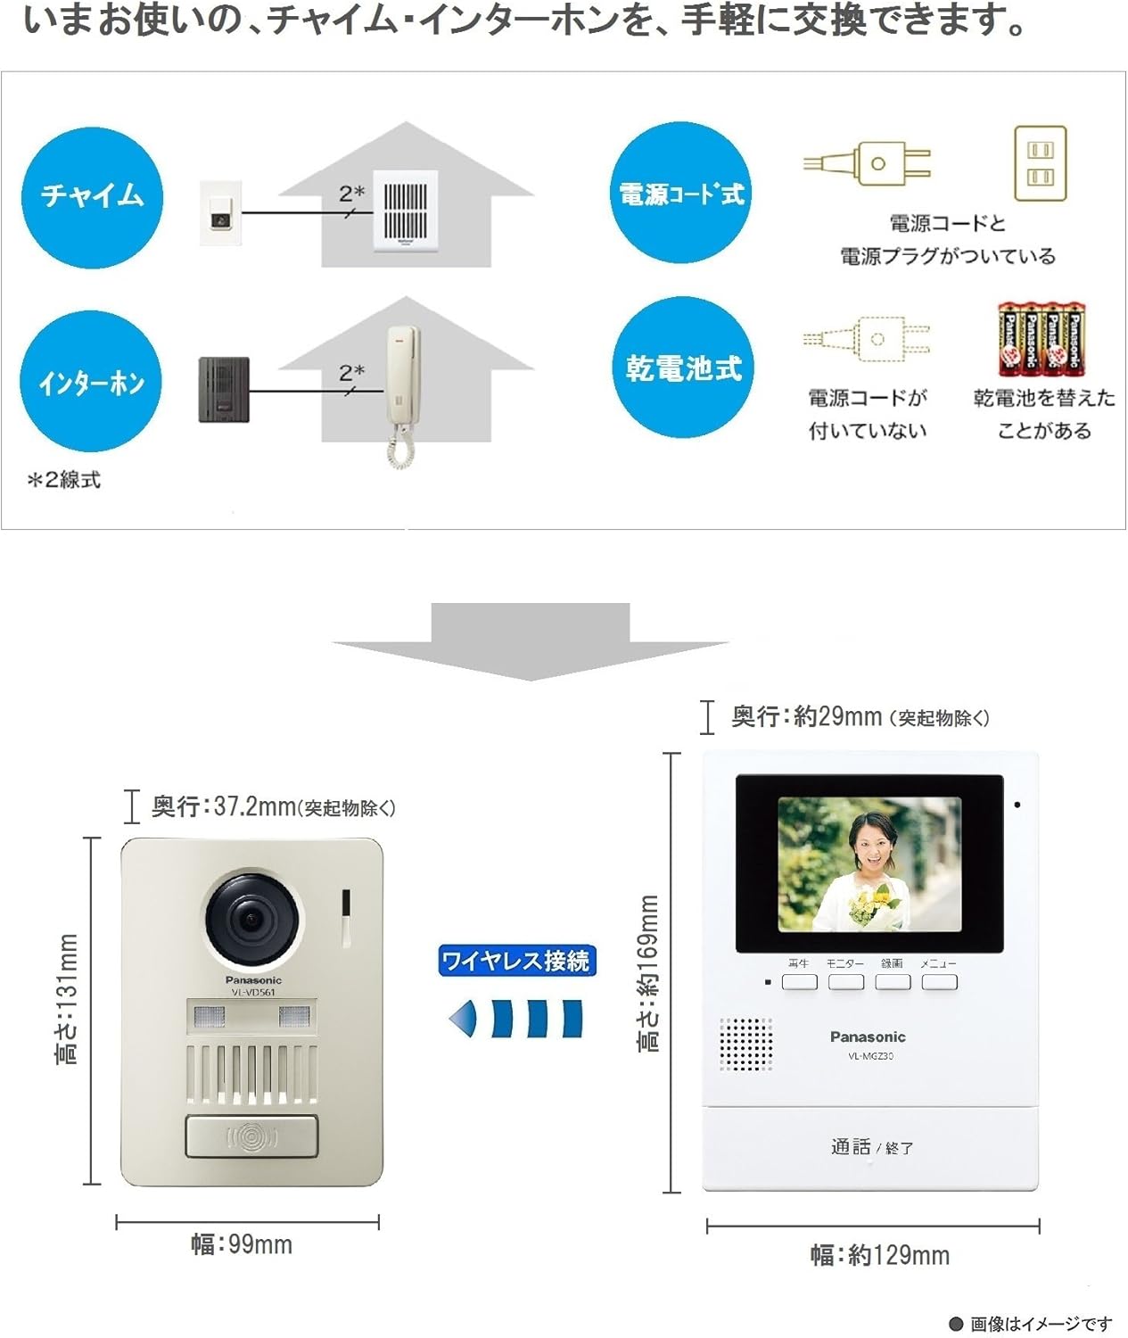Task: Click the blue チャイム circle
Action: click(x=92, y=195)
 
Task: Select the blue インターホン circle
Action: click(x=91, y=383)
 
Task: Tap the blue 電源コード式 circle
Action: click(x=682, y=194)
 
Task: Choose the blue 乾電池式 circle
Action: click(x=683, y=368)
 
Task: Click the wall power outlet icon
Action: click(x=1040, y=163)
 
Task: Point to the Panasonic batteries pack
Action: click(x=1041, y=339)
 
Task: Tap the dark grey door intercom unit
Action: click(x=223, y=390)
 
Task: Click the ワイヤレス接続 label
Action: click(x=516, y=961)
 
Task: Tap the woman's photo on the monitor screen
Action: click(x=869, y=863)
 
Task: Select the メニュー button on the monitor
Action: click(x=939, y=982)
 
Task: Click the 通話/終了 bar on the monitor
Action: click(x=871, y=1147)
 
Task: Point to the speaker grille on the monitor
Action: click(x=745, y=1045)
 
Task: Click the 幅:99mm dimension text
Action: click(x=242, y=1244)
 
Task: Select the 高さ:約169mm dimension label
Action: click(x=649, y=972)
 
